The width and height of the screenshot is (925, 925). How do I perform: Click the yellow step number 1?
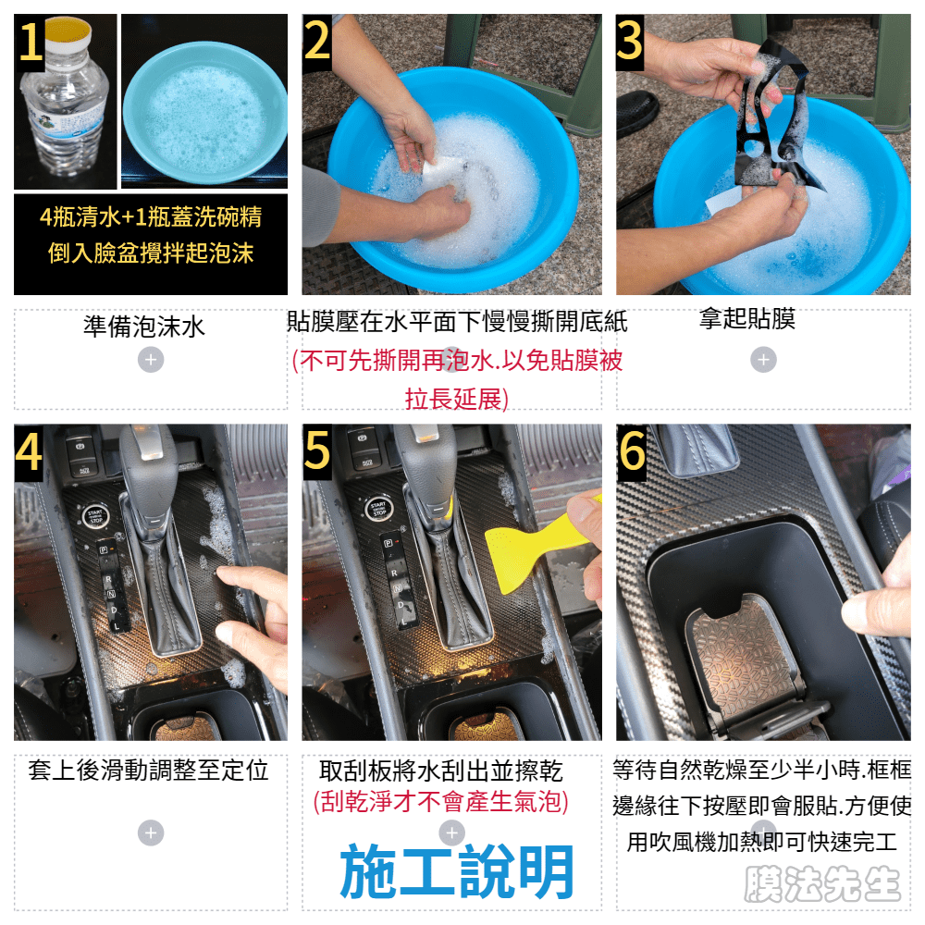(x=31, y=42)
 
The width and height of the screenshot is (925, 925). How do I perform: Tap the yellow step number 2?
(x=316, y=40)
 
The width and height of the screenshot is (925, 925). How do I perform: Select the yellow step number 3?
(x=629, y=40)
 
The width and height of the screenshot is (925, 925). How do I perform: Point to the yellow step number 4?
(x=29, y=451)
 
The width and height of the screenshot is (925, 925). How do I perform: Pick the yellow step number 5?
(x=317, y=450)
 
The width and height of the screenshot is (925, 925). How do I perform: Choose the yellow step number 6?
(x=632, y=451)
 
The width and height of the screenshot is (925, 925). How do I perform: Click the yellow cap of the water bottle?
(x=68, y=30)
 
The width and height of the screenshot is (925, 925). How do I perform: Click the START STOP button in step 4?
(x=95, y=516)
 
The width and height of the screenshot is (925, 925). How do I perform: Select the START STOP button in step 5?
(x=378, y=509)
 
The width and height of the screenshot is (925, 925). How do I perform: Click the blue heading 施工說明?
(x=457, y=870)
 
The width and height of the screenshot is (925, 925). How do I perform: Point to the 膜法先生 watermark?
(x=822, y=883)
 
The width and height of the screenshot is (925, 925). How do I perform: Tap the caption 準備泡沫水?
(x=144, y=327)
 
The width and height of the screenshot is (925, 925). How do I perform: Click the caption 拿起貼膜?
(x=747, y=318)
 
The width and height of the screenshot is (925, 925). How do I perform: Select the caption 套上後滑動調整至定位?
(x=148, y=771)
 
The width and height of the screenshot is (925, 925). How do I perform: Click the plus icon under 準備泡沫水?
(x=151, y=360)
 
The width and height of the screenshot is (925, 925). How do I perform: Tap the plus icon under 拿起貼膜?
(x=763, y=360)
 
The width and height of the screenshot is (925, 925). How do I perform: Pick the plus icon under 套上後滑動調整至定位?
(x=151, y=833)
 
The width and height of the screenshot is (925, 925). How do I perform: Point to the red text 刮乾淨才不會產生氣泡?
(x=440, y=802)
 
